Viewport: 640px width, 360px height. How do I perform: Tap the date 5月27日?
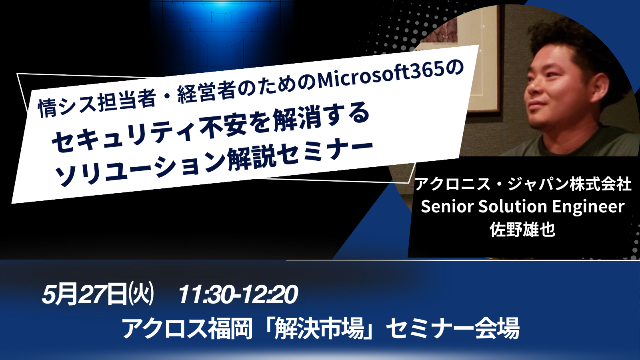click(84, 294)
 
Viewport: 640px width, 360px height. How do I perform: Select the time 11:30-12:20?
click(238, 294)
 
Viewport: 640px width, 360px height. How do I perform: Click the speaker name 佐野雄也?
click(522, 230)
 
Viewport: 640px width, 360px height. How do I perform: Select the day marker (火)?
click(142, 294)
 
